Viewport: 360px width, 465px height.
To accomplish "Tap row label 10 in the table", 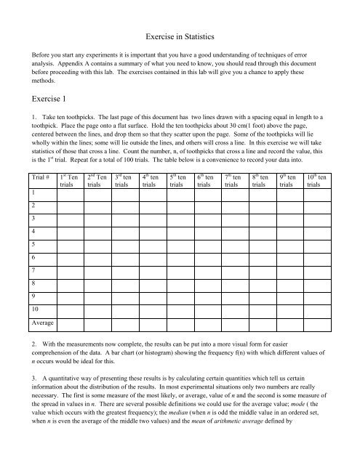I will click(x=35, y=308).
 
